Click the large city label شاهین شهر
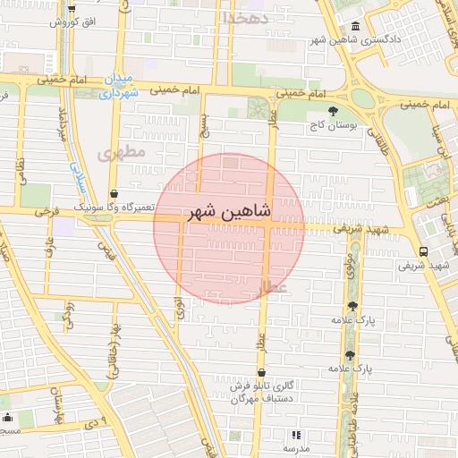tap(228, 213)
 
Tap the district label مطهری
tap(123, 154)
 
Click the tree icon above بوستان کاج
tap(334, 112)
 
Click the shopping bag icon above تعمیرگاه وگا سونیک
tap(114, 193)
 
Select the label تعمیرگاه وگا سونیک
tap(113, 208)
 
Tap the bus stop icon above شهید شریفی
tap(422, 251)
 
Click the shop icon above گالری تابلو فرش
tap(260, 373)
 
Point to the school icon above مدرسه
tap(296, 434)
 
